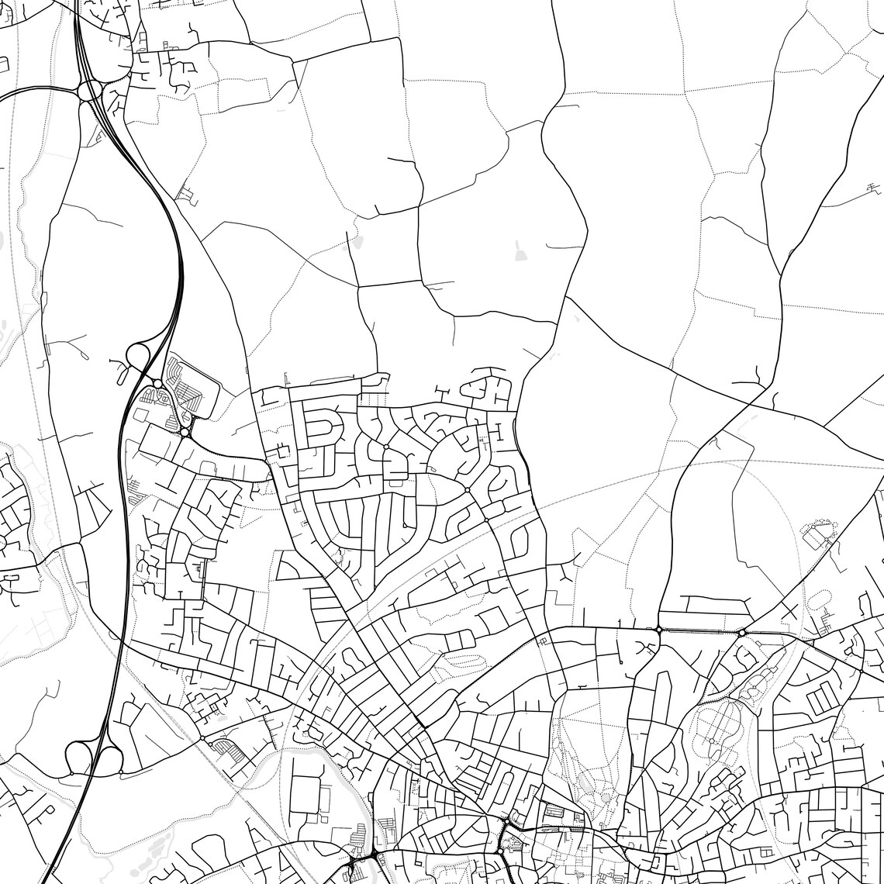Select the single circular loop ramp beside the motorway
138,356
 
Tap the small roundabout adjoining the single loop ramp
157,384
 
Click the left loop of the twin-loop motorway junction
79,756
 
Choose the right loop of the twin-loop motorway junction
109,758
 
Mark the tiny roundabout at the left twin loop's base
72,773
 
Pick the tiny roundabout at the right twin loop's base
121,772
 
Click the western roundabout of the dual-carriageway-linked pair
658,629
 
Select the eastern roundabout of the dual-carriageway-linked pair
742,633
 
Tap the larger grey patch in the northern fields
519,250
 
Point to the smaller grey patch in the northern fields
355,243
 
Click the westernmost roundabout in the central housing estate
385,447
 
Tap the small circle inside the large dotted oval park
712,741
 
